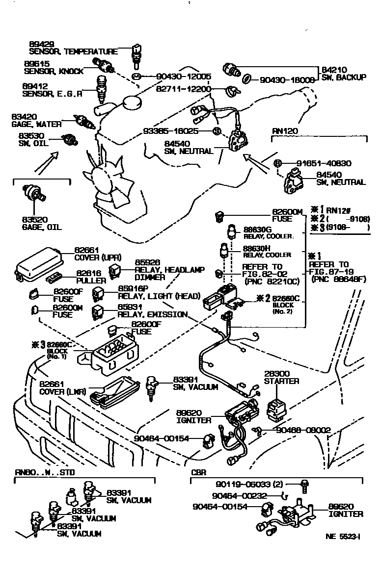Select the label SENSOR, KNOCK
click(54, 71)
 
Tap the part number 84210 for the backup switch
click(334, 70)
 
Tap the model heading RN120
click(285, 131)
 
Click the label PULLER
click(91, 281)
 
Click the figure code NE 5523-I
click(343, 536)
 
